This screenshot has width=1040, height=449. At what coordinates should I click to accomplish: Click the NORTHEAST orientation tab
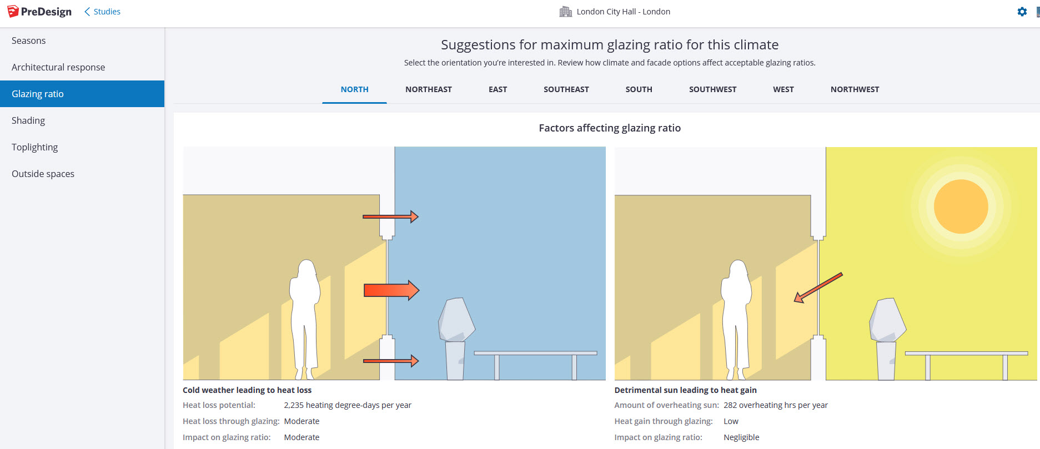pos(428,89)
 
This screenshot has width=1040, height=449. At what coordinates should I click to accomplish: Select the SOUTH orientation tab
pos(639,89)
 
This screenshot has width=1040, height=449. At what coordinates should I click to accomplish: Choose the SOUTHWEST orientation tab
pos(712,89)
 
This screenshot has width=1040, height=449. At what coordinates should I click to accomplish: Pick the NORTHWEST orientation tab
pos(855,89)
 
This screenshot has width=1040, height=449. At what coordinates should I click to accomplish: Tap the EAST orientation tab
pos(498,89)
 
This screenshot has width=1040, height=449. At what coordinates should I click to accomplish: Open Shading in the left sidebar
pos(28,120)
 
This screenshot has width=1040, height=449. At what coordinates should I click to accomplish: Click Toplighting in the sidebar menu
pos(34,147)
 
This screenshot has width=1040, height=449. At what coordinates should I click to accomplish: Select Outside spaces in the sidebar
pos(43,174)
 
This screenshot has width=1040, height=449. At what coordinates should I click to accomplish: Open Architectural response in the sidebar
pos(58,67)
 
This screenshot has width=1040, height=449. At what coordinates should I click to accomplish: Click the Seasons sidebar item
pos(28,41)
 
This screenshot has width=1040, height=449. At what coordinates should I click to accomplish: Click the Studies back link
pos(102,12)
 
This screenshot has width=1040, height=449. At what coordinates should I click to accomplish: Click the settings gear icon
pos(1022,12)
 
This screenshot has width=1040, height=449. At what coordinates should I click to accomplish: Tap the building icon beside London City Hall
pos(565,12)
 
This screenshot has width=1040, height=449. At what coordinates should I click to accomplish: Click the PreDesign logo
pos(39,12)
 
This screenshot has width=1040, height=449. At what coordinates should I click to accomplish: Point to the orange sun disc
pos(961,206)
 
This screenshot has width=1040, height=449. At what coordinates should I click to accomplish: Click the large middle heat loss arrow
pos(391,290)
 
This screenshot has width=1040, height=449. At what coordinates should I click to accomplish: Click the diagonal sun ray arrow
pos(818,287)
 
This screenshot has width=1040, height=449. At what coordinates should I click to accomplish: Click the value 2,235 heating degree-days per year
pos(348,405)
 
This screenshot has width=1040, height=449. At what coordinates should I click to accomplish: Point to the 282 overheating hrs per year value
pos(776,405)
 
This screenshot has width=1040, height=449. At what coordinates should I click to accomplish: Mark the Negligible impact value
pos(741,437)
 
